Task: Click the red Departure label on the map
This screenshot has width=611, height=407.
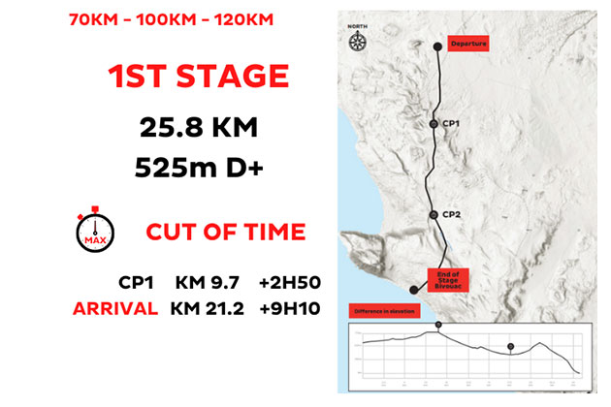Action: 466,45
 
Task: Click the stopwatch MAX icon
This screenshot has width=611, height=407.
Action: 94,230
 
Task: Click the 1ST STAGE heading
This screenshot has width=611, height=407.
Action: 197,78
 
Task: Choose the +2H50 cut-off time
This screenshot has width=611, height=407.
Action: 289,284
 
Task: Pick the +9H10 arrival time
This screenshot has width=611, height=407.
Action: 289,309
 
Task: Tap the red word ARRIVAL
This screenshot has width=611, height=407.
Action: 116,309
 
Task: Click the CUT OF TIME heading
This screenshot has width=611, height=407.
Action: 225,233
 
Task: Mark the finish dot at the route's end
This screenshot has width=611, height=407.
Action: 413,289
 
